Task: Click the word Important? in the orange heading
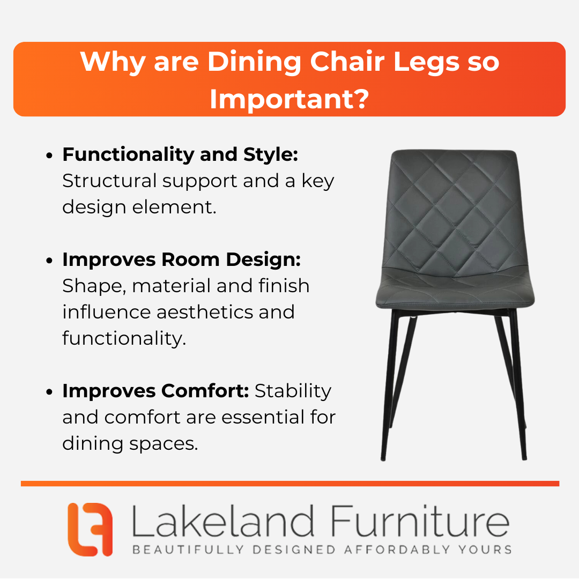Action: tap(289, 99)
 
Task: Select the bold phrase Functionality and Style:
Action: tap(180, 154)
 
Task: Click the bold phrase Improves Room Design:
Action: tap(181, 259)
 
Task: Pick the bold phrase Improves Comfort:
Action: tap(155, 391)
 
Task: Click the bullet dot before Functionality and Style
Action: tap(49, 156)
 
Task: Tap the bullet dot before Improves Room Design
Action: tap(49, 261)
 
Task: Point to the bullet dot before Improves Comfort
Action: tap(49, 392)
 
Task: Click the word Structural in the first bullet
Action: tap(110, 181)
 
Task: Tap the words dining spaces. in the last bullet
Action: tap(130, 444)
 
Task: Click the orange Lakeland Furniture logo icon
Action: tap(90, 529)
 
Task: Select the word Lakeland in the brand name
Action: tap(223, 521)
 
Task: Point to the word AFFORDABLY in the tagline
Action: tap(397, 550)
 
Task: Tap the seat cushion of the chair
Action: tap(455, 290)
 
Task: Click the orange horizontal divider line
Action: tap(290, 484)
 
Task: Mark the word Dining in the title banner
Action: tap(254, 62)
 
